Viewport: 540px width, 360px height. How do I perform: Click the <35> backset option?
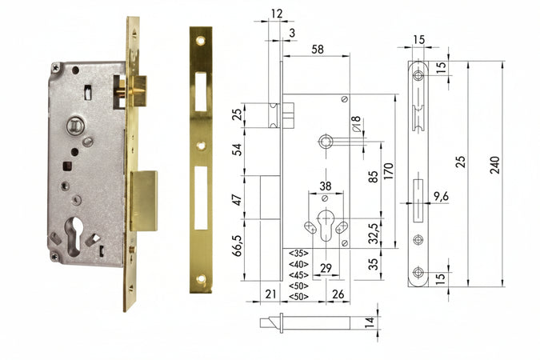pyautogui.click(x=298, y=253)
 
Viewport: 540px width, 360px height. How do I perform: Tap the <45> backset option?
pyautogui.click(x=298, y=274)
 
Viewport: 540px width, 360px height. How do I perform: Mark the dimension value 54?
pyautogui.click(x=238, y=150)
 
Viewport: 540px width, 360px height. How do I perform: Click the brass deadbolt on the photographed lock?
pyautogui.click(x=143, y=200)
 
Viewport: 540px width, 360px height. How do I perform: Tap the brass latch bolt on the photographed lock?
pyautogui.click(x=137, y=90)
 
